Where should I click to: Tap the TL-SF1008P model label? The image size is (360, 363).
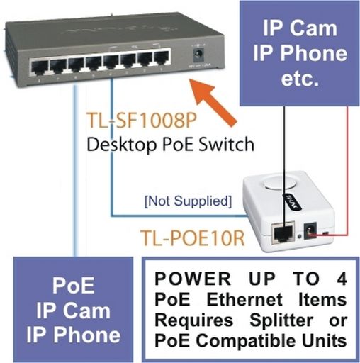[142, 121]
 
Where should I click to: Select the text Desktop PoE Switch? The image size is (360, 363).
[171, 145]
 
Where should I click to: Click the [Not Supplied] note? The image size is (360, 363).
[188, 201]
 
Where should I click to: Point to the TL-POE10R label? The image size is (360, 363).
[192, 238]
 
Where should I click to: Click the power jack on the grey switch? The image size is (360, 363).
[198, 54]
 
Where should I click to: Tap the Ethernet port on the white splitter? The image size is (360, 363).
[283, 233]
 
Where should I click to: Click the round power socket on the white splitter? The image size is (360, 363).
[309, 231]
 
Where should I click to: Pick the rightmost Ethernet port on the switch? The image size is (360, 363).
[162, 57]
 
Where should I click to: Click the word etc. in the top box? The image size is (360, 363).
[300, 79]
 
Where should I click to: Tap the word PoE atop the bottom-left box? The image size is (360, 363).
[73, 286]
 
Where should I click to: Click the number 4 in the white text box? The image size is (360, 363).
[342, 279]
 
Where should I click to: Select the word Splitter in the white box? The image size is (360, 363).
[281, 320]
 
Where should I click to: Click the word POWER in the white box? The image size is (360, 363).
[193, 279]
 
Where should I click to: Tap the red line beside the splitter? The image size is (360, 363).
[347, 171]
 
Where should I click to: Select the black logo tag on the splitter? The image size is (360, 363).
[292, 201]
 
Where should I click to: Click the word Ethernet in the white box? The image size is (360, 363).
[244, 300]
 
